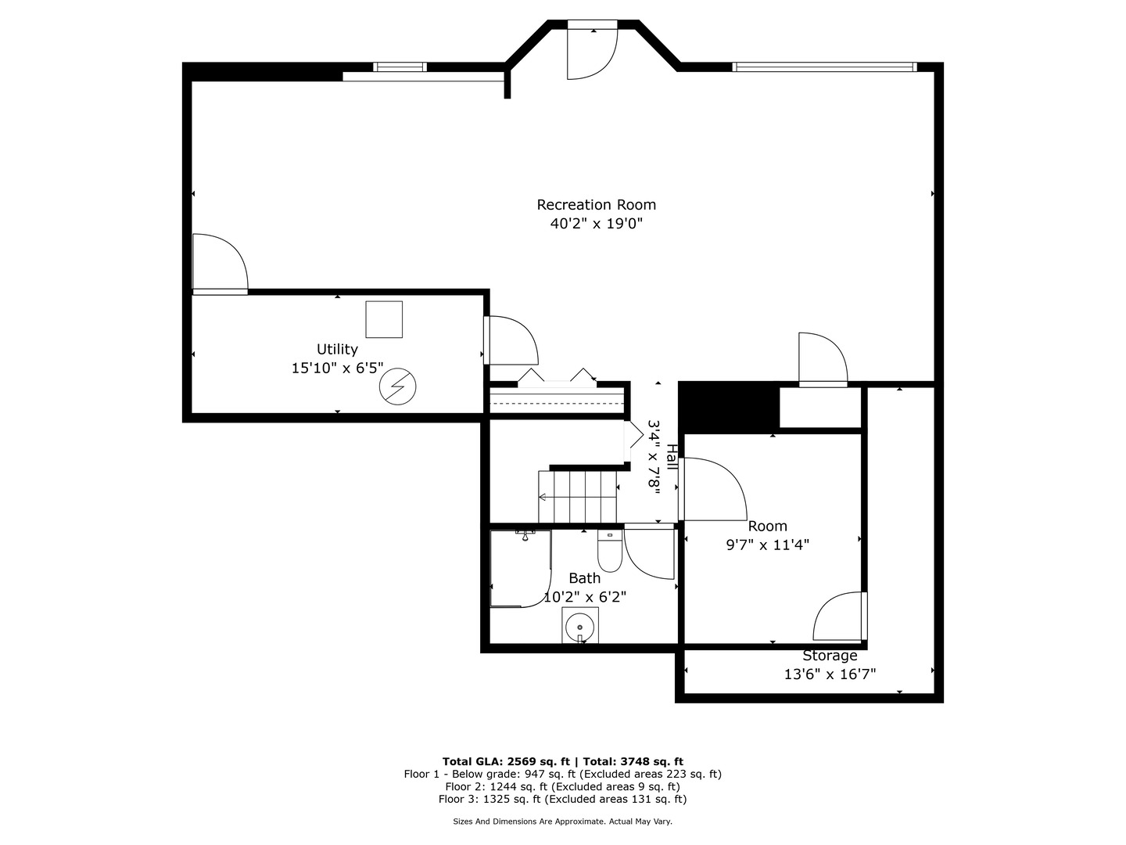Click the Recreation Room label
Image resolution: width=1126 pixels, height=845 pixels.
[596, 205]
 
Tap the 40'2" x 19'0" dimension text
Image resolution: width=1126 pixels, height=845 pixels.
[596, 224]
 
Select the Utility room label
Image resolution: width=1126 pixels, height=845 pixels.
[337, 350]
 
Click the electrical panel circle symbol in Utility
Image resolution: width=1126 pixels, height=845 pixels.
[398, 387]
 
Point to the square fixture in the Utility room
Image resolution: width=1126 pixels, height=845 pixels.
[384, 319]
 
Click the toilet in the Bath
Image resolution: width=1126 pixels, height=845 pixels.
[609, 552]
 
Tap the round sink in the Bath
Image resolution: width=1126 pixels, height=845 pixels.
[580, 625]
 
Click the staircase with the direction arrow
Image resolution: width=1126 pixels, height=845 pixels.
[578, 497]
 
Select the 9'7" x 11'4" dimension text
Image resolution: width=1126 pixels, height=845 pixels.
[767, 545]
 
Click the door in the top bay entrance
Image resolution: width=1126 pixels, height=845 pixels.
[592, 52]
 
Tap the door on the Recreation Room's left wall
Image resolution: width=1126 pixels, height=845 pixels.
[220, 265]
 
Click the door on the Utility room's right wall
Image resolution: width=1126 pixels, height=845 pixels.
[510, 340]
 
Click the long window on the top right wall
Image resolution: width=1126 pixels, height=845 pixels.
[824, 67]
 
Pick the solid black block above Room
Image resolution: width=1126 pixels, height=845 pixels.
[729, 407]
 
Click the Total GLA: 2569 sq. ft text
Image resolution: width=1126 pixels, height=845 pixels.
[507, 761]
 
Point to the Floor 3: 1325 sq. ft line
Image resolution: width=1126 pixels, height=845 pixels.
[562, 800]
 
